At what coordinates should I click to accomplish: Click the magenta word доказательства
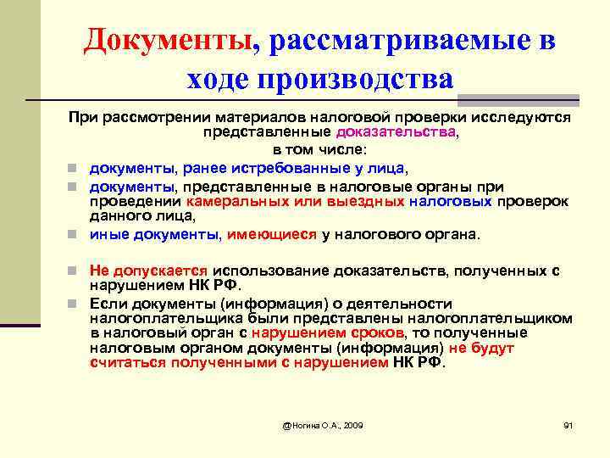click(396, 132)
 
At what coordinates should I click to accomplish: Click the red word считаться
click(127, 362)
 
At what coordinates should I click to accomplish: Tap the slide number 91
click(568, 423)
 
